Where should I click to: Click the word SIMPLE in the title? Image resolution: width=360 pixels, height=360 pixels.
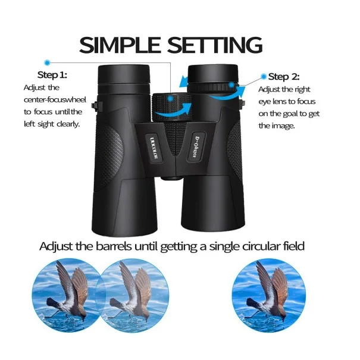click(120, 45)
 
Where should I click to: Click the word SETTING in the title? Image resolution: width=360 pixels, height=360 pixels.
click(215, 45)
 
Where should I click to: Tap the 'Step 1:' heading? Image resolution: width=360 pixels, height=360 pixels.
click(52, 75)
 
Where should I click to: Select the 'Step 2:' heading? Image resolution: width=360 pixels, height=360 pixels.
click(284, 76)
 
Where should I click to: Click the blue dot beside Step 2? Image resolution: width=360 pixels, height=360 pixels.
click(264, 76)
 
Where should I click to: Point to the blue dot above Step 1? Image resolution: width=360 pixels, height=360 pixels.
click(47, 62)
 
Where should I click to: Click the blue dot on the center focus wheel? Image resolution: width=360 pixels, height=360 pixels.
click(170, 99)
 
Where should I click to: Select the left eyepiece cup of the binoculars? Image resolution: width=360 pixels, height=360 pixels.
click(124, 76)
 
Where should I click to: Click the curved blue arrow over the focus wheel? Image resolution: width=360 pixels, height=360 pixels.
click(173, 112)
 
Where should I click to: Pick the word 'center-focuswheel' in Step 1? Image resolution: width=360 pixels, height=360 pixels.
click(55, 99)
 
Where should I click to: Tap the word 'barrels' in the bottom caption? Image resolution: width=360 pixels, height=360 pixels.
click(114, 246)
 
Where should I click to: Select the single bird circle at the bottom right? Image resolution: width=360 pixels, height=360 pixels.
click(268, 295)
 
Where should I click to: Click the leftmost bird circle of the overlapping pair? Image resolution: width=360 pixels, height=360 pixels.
click(67, 295)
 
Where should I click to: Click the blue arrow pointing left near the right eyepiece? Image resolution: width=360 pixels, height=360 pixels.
click(183, 82)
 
